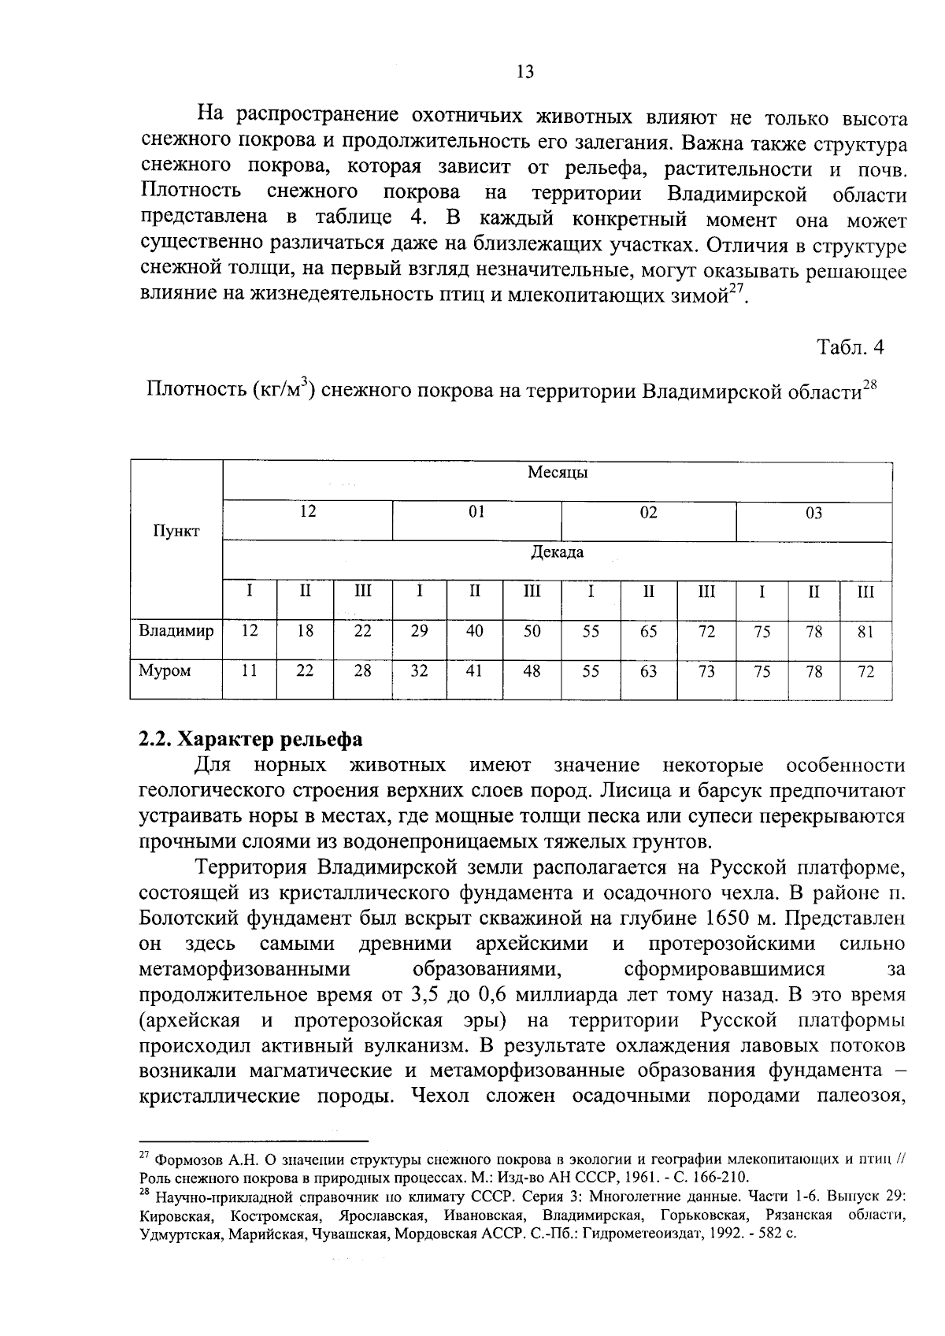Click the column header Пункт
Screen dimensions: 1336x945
coord(176,531)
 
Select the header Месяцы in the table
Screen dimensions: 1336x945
coord(558,473)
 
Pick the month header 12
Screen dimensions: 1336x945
coord(308,513)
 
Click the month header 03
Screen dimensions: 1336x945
coord(813,514)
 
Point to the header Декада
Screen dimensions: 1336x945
coord(558,552)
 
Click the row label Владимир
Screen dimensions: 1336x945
coord(176,631)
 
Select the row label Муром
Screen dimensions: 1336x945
coord(165,671)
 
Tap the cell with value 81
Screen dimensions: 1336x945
coord(865,632)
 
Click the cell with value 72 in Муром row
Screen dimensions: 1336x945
coord(865,672)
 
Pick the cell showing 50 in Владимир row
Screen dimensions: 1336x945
coord(532,632)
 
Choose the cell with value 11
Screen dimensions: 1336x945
coord(249,672)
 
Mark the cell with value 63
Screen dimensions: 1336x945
coord(648,672)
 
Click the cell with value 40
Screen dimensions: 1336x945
coord(475,632)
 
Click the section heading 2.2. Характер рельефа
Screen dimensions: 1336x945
coord(250,740)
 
